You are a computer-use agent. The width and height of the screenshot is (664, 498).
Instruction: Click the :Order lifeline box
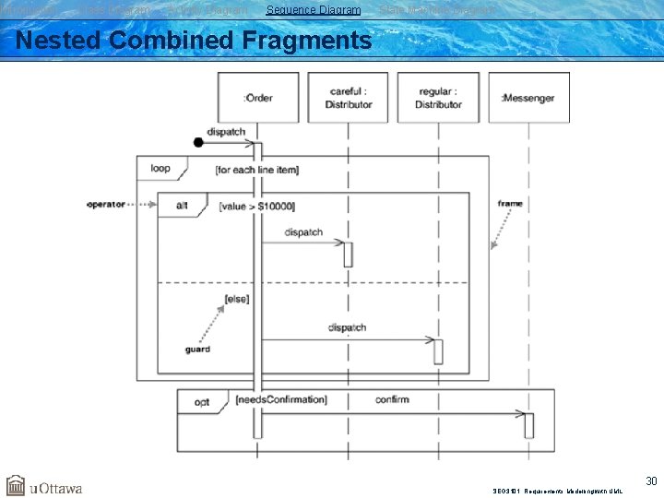(x=258, y=97)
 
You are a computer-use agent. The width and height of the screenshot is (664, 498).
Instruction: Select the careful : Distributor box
(x=348, y=98)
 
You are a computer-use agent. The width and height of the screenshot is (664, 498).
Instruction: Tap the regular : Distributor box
(x=438, y=98)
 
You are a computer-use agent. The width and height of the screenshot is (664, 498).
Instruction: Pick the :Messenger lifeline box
(x=528, y=98)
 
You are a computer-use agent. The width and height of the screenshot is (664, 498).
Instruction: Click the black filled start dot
(x=198, y=142)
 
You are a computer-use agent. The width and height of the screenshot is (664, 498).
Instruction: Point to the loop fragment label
(x=160, y=169)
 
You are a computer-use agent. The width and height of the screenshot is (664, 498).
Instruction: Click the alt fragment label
(x=181, y=205)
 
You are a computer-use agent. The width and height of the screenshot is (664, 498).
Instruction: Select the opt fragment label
(x=202, y=401)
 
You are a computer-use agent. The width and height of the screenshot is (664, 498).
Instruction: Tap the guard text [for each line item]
(x=256, y=170)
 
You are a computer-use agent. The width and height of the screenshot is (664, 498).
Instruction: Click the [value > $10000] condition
(x=257, y=206)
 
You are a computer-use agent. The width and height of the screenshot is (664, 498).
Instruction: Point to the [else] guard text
(x=236, y=299)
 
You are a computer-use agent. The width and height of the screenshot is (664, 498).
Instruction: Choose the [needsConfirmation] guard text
(x=280, y=400)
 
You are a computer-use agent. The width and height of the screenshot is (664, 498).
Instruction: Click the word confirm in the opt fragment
(x=392, y=399)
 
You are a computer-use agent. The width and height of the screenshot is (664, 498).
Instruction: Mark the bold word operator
(x=106, y=204)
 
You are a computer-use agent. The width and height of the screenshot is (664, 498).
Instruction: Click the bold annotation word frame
(x=509, y=203)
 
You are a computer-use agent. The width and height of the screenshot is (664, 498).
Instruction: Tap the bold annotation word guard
(x=197, y=350)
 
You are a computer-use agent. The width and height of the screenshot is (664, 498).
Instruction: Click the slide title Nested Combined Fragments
(x=194, y=41)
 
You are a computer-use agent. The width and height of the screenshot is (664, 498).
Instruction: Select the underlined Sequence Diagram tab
(x=314, y=10)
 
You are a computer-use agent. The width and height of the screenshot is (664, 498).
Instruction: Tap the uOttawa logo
(x=43, y=486)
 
